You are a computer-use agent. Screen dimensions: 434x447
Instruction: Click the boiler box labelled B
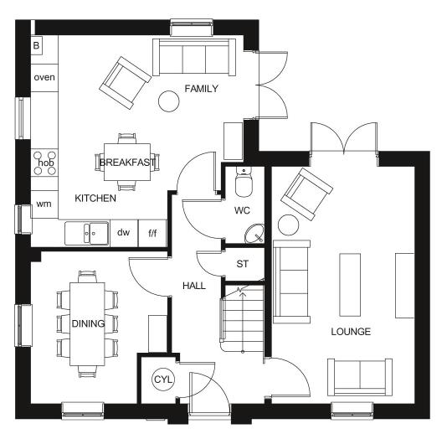click(37, 44)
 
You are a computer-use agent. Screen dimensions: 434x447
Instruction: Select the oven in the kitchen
click(44, 77)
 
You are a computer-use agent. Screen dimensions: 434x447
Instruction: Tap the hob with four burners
click(44, 163)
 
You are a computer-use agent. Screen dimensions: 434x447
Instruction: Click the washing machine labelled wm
click(44, 204)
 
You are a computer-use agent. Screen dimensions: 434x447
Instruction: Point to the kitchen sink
click(86, 232)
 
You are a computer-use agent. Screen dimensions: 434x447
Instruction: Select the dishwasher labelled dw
click(123, 232)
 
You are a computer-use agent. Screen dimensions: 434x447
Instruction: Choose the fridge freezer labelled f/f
click(152, 233)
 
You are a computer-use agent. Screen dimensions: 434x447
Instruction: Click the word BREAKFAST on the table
click(127, 163)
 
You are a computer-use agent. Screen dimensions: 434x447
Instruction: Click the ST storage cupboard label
click(243, 264)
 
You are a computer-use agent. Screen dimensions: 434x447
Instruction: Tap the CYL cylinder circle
click(162, 380)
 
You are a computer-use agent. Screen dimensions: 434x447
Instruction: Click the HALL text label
click(194, 286)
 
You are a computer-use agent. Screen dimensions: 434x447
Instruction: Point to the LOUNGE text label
click(352, 332)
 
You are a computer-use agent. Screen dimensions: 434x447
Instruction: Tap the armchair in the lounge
click(300, 191)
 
